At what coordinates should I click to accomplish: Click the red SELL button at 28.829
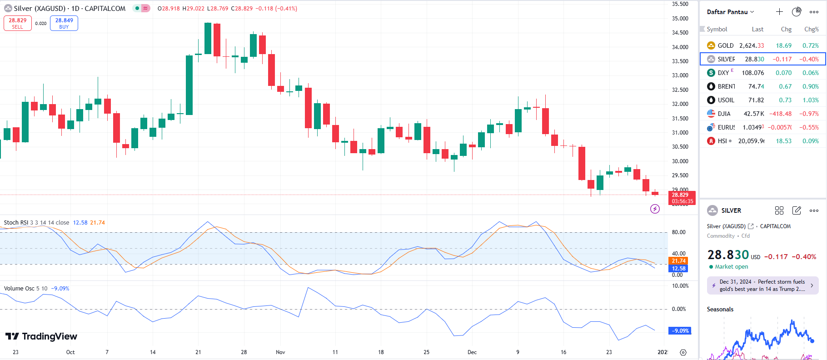[18, 23]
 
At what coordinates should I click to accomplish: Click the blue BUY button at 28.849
[64, 23]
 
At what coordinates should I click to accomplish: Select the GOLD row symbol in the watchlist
[725, 45]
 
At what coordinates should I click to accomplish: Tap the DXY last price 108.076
[752, 73]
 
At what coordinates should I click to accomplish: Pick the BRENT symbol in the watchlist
[726, 86]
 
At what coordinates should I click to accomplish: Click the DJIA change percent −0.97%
[809, 114]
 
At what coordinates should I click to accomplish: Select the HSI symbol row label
[722, 141]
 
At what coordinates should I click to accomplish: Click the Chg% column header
[811, 29]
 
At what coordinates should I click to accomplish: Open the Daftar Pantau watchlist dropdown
[730, 12]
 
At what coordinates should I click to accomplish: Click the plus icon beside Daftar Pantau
[779, 12]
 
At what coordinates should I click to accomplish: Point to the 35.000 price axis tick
[680, 19]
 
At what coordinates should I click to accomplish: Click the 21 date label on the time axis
[198, 352]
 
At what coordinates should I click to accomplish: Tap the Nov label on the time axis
[280, 352]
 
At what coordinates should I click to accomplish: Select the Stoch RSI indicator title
[16, 223]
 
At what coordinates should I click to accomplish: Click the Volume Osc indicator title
[19, 289]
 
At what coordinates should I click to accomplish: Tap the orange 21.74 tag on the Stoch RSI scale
[678, 261]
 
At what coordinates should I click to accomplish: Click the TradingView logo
[41, 336]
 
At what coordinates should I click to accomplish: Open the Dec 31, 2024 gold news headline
[762, 285]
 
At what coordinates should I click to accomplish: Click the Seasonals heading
[720, 310]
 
